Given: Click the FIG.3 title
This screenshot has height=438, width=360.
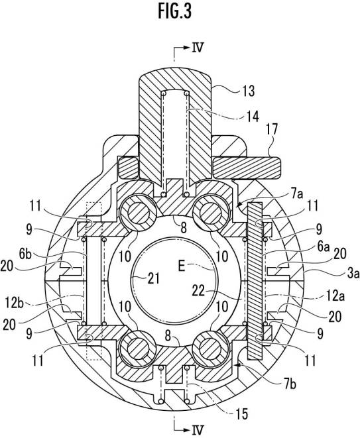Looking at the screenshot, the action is point(175,11).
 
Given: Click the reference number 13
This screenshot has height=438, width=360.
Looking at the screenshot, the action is point(247,91).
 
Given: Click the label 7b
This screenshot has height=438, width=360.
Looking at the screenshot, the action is point(290,384).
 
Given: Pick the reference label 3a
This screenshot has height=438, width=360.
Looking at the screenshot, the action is point(353,274).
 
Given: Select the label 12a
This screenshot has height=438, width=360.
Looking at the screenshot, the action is point(336,296).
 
